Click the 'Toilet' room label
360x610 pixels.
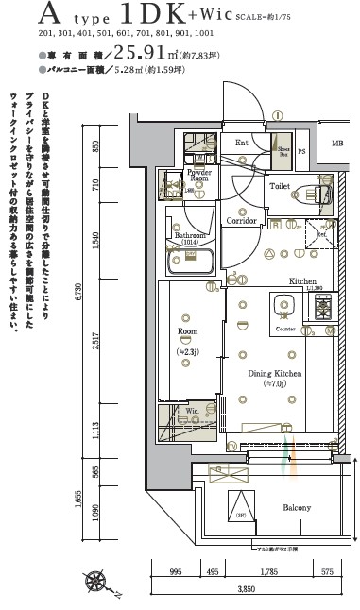[280, 187]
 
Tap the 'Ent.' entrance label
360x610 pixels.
[242, 144]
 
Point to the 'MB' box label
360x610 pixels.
[337, 144]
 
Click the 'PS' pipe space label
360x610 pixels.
[303, 150]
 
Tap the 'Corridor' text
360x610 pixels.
[242, 220]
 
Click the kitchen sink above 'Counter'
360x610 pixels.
[284, 307]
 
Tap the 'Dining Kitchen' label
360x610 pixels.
[274, 375]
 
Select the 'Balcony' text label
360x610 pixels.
[298, 507]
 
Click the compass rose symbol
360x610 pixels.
[96, 582]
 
